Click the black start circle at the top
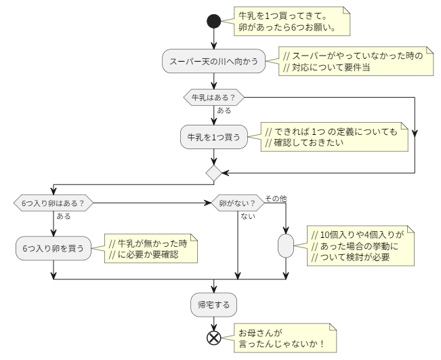point(214,22)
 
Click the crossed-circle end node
point(214,337)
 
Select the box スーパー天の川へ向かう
point(214,61)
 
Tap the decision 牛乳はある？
point(214,98)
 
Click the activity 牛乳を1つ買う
point(214,136)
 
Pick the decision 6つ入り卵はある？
point(54,202)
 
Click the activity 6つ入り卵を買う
point(54,248)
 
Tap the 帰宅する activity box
point(214,305)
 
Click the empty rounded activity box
point(286,244)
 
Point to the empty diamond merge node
point(214,172)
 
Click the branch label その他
point(276,198)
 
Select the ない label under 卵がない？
point(248,216)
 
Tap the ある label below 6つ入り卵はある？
point(64,216)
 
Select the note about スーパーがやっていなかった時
point(354,61)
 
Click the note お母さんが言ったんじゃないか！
point(284,337)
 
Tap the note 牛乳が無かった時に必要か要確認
point(150,248)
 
